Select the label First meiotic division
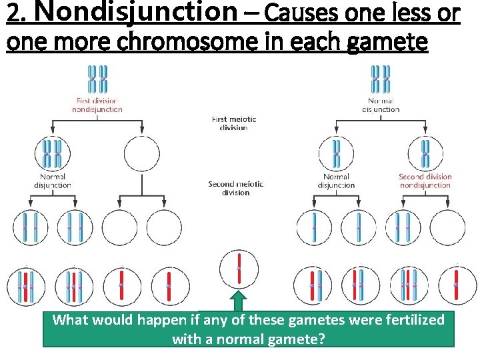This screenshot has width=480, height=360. coord(233,123)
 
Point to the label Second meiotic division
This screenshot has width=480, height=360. coord(235,188)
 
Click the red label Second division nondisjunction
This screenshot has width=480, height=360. coord(425,181)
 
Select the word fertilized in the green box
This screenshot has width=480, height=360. coord(413,320)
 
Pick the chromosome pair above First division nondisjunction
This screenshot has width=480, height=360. coord(97,79)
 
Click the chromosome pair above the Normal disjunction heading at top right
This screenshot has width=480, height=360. coord(381,79)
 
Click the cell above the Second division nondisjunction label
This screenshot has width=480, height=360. coord(425,153)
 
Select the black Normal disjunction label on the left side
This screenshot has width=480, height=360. coord(52,181)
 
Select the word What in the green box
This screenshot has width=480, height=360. coord(69,320)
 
